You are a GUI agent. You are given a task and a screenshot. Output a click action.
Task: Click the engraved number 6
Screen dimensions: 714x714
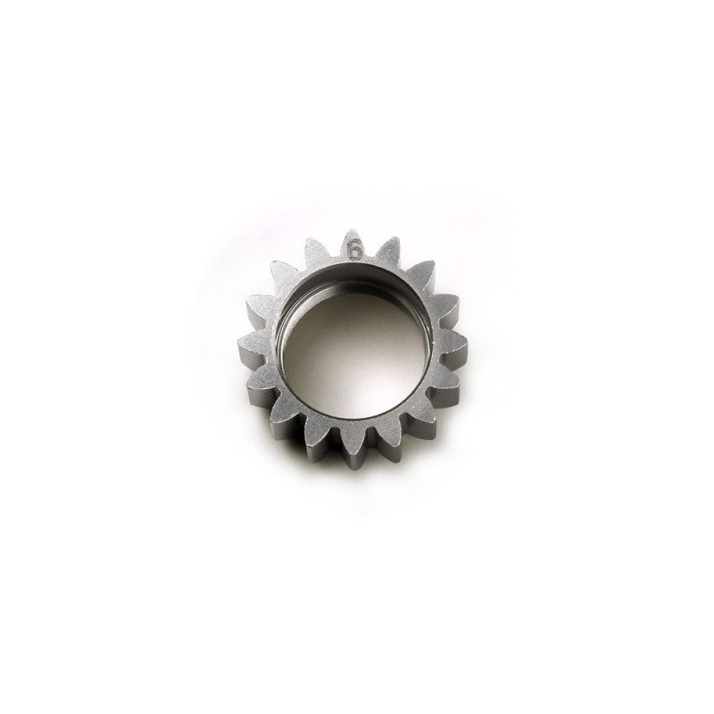pos(355,251)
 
